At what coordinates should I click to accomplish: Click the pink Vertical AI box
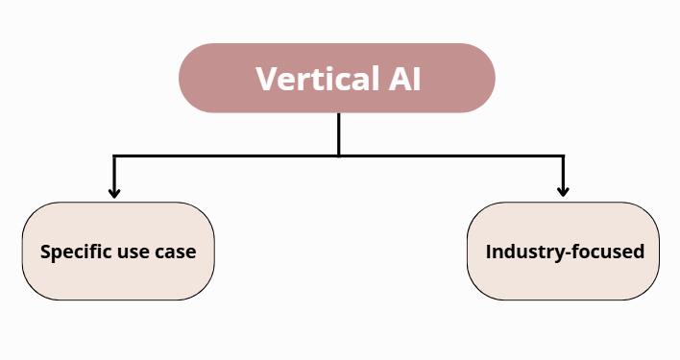(337, 78)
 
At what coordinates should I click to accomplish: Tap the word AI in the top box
(404, 79)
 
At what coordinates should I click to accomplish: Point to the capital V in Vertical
(265, 79)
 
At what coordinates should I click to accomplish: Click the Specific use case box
(118, 252)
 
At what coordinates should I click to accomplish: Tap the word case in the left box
(177, 253)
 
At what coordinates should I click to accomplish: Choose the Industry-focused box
(563, 252)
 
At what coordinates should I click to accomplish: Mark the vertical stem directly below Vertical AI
(339, 133)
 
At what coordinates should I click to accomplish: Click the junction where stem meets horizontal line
(339, 156)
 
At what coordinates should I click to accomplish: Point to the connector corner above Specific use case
(114, 156)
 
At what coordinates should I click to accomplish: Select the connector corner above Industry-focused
(563, 156)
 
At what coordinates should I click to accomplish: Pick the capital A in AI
(399, 79)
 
